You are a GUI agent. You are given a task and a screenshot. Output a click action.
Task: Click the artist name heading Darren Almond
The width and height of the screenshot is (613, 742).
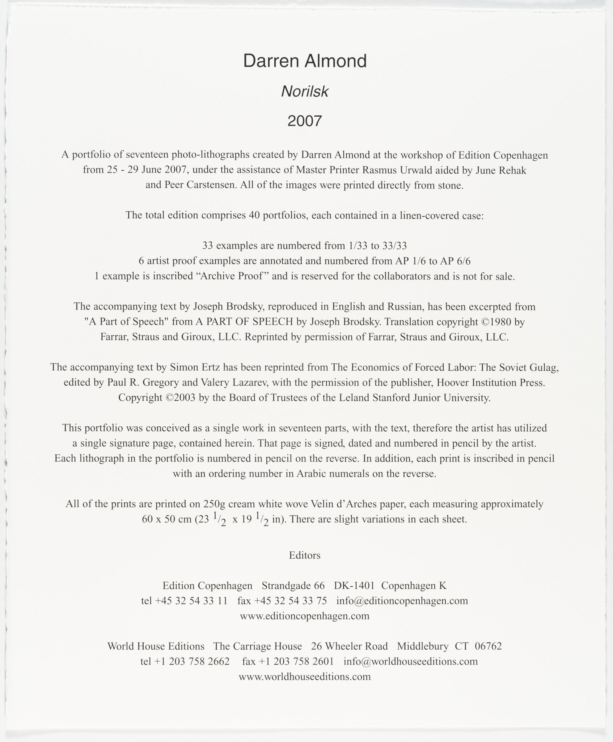pyautogui.click(x=305, y=61)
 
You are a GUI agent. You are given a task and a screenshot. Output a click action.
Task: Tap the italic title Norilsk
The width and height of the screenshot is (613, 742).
pyautogui.click(x=305, y=92)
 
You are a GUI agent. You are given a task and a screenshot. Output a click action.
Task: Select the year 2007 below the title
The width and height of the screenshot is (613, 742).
pyautogui.click(x=305, y=121)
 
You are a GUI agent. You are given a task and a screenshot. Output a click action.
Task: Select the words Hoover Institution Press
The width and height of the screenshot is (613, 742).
pyautogui.click(x=489, y=382)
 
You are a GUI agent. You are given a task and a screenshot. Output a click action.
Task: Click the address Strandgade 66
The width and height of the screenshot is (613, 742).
pyautogui.click(x=293, y=586)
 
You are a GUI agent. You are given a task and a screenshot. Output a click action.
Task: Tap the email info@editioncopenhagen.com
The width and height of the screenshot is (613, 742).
pyautogui.click(x=402, y=601)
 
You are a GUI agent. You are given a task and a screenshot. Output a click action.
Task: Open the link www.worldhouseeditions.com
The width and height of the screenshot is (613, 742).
pyautogui.click(x=305, y=677)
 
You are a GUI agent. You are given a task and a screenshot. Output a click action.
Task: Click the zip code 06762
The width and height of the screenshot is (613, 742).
pyautogui.click(x=488, y=646)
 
